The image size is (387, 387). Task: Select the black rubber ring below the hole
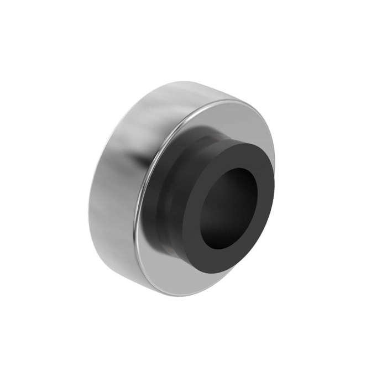pyautogui.click(x=218, y=260)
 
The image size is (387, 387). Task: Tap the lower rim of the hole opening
pyautogui.click(x=218, y=247)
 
